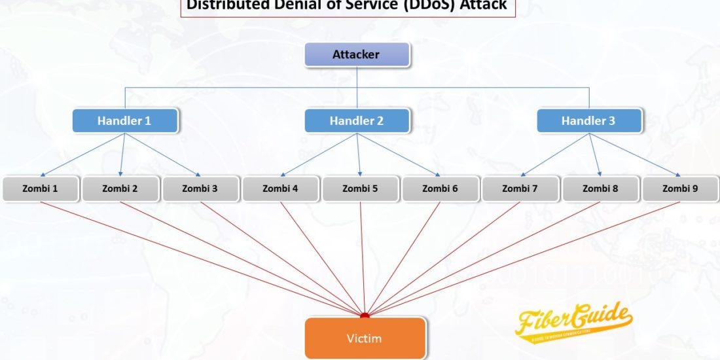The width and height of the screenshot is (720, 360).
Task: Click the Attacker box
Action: pos(357,55)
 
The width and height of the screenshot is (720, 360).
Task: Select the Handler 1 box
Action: pos(124,120)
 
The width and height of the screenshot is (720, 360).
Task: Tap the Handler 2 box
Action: pos(357,120)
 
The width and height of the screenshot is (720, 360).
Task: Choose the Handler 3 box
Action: pos(588,120)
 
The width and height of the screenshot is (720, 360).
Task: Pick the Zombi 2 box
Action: pos(120,189)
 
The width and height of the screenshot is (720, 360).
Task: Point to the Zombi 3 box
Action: pos(200,189)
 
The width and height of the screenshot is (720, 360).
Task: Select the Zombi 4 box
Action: pos(280,189)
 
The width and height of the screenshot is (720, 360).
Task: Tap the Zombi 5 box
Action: pos(360,189)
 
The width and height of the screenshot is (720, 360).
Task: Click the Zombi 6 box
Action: pos(440,189)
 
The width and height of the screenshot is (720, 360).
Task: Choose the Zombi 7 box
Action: pos(520,189)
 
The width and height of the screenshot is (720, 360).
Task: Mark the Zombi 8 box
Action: pos(600,189)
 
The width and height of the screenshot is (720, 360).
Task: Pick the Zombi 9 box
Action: pos(680,189)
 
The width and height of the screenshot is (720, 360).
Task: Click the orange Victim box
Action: pos(365,338)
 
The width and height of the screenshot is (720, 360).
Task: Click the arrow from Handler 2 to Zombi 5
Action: pos(359,154)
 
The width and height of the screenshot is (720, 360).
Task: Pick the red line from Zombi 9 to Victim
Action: pos(524,258)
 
